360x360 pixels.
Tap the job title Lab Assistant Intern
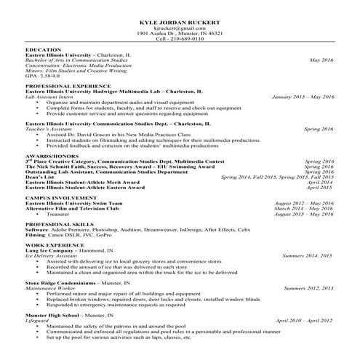pyautogui.click(x=50, y=96)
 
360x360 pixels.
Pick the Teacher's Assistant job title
pyautogui.click(x=47, y=128)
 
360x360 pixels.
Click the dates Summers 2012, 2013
pyautogui.click(x=308, y=289)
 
